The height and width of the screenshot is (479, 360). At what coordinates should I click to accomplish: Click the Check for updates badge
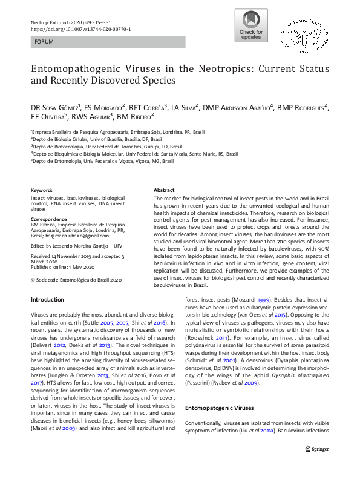pos(252,25)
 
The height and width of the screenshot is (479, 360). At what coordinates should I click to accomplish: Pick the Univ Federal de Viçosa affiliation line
pos(102,162)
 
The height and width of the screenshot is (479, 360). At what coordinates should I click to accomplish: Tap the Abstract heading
pos(164,190)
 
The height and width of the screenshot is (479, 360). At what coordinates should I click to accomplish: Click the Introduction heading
pos(47,300)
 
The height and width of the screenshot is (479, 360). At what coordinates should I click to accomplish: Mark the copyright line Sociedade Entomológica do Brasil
pos(76,280)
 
